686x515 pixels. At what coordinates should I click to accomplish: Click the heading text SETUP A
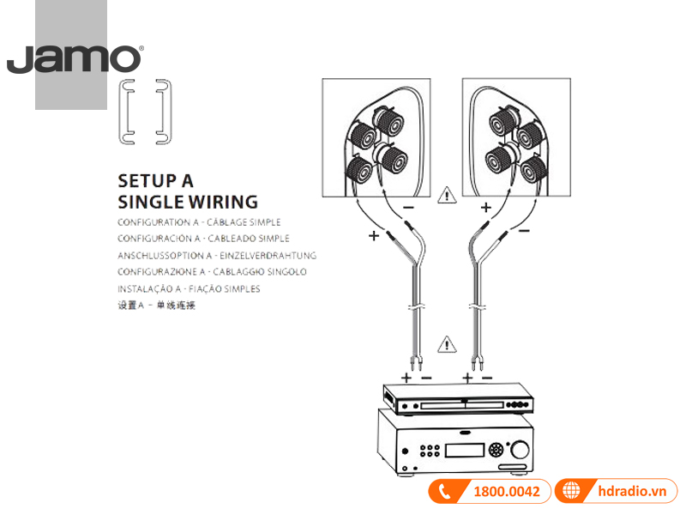click(155, 181)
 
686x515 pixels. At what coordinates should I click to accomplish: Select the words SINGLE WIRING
click(187, 203)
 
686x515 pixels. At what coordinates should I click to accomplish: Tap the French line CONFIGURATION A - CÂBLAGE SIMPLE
click(199, 222)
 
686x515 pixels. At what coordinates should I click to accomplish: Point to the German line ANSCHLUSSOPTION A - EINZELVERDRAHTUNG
click(217, 255)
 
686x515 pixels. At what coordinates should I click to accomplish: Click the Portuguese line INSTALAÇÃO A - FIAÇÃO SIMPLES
click(189, 288)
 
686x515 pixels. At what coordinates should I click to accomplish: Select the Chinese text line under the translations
click(156, 305)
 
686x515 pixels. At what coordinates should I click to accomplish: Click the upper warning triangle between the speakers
click(448, 196)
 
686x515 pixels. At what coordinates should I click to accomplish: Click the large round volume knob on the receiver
click(520, 449)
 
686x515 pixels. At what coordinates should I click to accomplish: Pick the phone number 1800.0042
click(507, 492)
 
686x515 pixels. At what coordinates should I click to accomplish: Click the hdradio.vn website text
click(634, 492)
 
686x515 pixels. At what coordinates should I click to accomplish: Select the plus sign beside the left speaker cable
click(373, 235)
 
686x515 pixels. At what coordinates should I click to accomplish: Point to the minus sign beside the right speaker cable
click(523, 230)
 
